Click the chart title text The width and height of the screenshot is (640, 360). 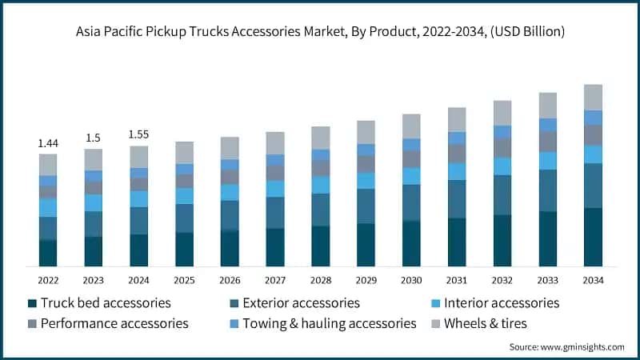pos(320,32)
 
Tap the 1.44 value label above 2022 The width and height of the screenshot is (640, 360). pos(48,142)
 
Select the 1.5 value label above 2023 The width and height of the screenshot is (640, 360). pos(94,138)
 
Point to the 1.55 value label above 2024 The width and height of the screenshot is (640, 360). pos(139,134)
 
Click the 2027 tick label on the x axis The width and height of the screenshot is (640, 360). pos(275,280)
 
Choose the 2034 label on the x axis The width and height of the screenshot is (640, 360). pos(593,280)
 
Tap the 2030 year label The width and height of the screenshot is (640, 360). pos(411,280)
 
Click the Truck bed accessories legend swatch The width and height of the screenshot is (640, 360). pos(32,303)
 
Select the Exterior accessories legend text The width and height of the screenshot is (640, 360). pos(302,303)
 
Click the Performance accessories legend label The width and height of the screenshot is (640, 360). pos(114,323)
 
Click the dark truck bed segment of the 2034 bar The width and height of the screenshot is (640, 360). pos(593,237)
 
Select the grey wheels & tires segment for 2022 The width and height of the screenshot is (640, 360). pos(48,165)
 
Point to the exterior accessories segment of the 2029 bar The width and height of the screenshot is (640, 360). pos(366,206)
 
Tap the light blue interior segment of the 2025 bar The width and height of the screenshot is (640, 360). pos(185,196)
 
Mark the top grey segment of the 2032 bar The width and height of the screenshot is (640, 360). pos(502,113)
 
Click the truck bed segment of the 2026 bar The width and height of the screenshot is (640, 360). pos(230,248)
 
